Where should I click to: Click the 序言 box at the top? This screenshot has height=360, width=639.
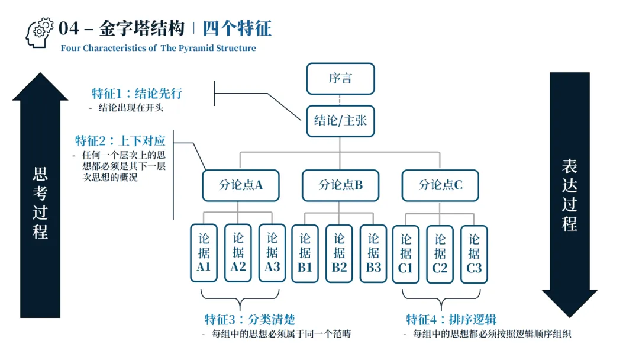(340, 79)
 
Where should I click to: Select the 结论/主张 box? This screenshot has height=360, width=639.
(340, 121)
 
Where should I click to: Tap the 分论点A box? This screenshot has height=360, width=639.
(240, 185)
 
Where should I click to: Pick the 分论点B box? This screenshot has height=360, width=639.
(340, 185)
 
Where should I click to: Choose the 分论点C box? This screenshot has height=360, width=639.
(440, 185)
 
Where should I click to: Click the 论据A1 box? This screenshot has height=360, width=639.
(204, 253)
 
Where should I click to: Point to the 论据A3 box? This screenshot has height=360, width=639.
(272, 253)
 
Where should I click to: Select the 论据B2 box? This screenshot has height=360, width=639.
(340, 253)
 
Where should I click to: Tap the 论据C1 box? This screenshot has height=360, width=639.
(406, 253)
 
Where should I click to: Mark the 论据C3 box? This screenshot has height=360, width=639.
(475, 253)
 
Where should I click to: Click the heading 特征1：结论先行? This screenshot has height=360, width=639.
(137, 94)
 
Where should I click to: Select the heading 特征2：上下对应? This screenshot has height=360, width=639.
(120, 141)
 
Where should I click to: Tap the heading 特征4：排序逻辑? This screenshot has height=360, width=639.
(451, 320)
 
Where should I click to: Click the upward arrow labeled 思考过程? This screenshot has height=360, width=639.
(40, 195)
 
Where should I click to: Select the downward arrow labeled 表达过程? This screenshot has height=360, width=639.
(569, 195)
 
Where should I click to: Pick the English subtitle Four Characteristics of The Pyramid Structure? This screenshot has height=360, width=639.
(159, 49)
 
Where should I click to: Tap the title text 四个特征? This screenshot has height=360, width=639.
(237, 28)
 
